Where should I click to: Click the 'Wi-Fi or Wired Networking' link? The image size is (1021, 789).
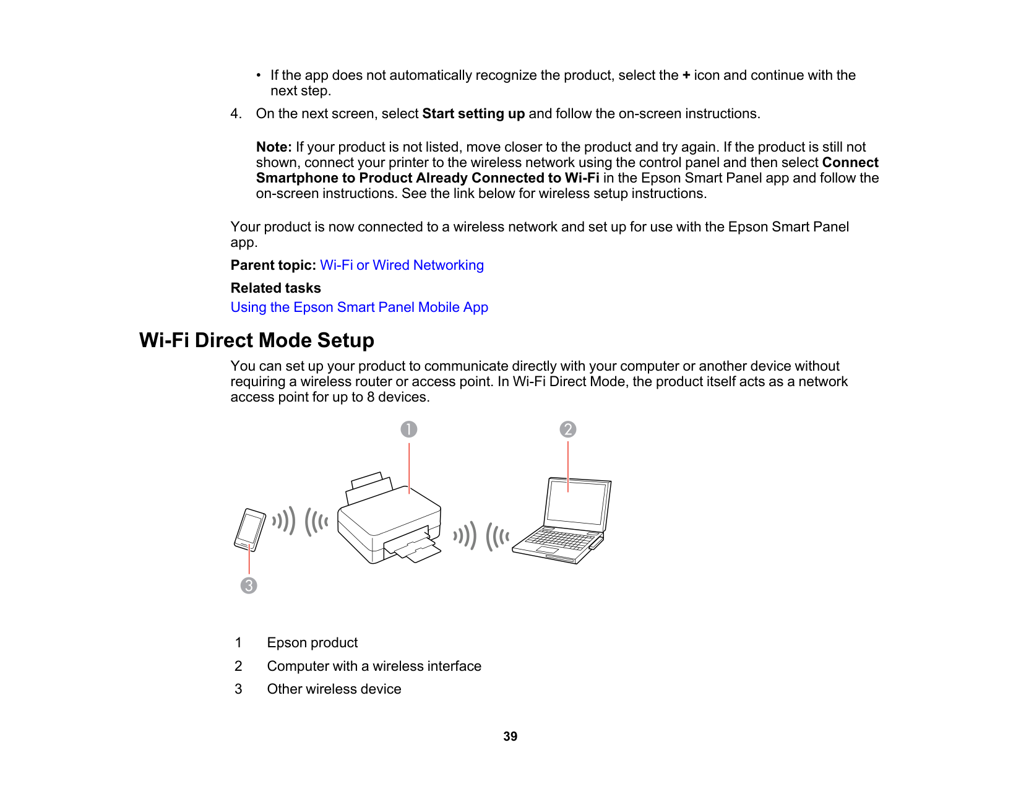(x=402, y=265)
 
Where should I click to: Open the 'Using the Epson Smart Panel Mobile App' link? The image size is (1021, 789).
(x=359, y=308)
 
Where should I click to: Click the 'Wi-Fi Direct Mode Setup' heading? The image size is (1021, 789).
(x=257, y=340)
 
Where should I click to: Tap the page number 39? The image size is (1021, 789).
(x=510, y=736)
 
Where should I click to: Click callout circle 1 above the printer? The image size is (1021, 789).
(x=409, y=429)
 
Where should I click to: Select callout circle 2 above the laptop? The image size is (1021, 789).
(x=568, y=429)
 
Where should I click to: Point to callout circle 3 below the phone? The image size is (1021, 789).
(x=249, y=585)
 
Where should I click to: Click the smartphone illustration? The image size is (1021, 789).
(x=250, y=530)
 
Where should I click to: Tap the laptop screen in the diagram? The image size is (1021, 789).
(x=576, y=502)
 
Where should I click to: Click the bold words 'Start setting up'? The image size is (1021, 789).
(x=473, y=114)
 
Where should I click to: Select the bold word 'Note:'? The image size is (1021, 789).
(x=274, y=147)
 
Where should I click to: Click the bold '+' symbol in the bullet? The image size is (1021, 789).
(x=686, y=75)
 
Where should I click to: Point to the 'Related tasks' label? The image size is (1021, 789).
(x=275, y=288)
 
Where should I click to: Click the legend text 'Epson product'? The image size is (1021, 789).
(x=312, y=643)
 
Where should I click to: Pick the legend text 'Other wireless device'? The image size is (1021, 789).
(x=334, y=689)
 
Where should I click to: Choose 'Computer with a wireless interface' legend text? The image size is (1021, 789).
(x=374, y=666)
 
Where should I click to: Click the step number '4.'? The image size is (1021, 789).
(x=236, y=114)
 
